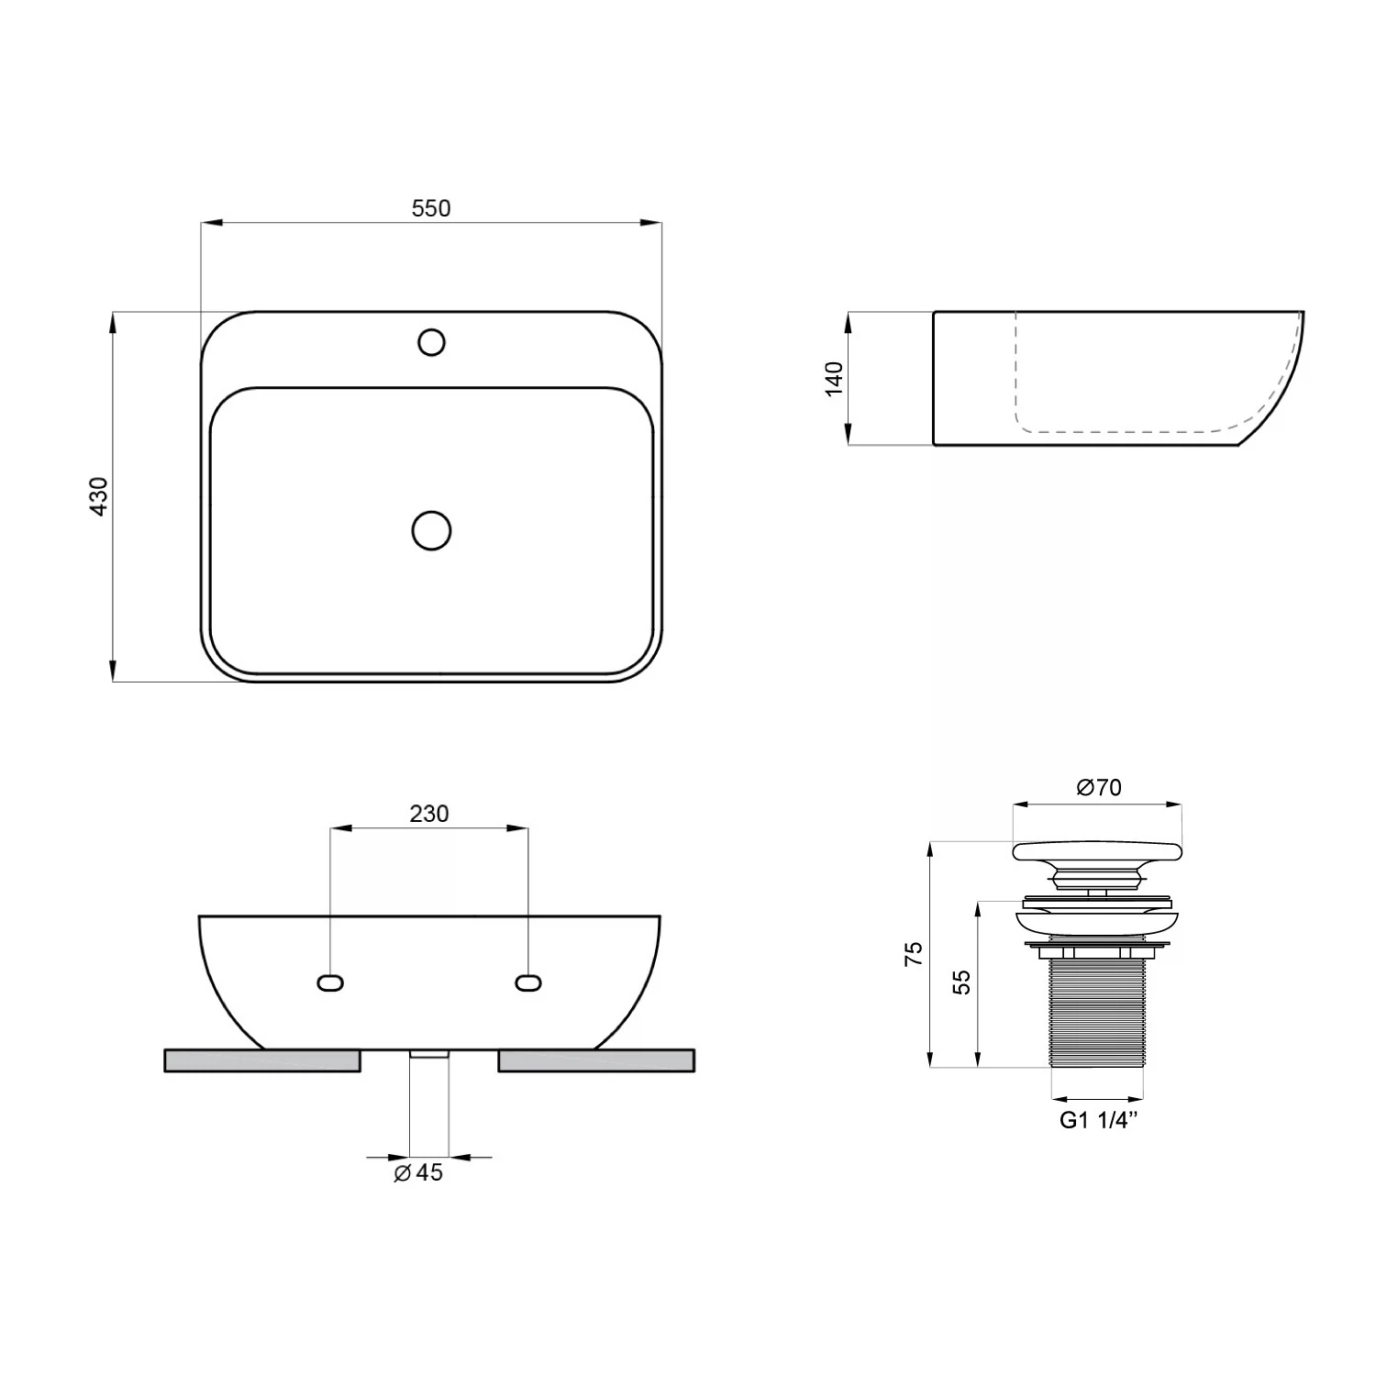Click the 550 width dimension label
coord(431,208)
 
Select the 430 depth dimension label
coord(99,496)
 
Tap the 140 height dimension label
coord(834,379)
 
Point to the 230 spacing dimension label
coord(429,814)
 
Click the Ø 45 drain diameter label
coord(418,1172)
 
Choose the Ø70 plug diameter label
coord(1099,787)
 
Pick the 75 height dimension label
coord(914,954)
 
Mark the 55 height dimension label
coord(961,982)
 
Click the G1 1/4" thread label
coord(1099,1120)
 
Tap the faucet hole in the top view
coord(431,342)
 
